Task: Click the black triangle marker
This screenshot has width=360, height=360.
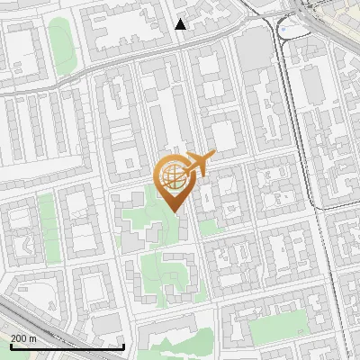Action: coord(181,24)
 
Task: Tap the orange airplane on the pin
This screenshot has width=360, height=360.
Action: coord(199,164)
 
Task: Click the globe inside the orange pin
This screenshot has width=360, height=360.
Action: coord(172,176)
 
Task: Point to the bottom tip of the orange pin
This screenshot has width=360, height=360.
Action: coord(175,212)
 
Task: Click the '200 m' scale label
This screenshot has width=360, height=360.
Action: coord(22,337)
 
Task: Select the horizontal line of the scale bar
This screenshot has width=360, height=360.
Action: coord(67,346)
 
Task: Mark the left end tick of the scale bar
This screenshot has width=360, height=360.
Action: coord(10,345)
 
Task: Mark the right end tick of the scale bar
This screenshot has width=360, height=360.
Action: coord(123,345)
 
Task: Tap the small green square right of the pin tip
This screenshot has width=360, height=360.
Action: coord(209,228)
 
